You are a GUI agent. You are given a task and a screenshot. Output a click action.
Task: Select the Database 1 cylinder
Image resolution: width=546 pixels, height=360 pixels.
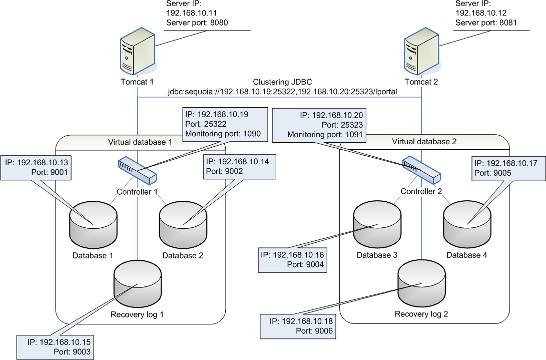point(93,222)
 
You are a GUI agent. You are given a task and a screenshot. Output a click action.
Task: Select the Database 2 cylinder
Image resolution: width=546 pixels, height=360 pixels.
point(183,222)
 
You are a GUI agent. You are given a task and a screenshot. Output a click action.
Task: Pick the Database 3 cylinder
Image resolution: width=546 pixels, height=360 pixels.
point(377,222)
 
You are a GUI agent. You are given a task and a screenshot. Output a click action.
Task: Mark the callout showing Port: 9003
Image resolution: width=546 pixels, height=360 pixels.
point(55,346)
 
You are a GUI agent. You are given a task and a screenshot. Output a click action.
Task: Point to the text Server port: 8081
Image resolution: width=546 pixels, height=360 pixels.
point(485,23)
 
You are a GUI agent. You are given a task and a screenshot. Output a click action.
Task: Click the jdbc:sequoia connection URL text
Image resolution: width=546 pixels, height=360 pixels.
point(279,92)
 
